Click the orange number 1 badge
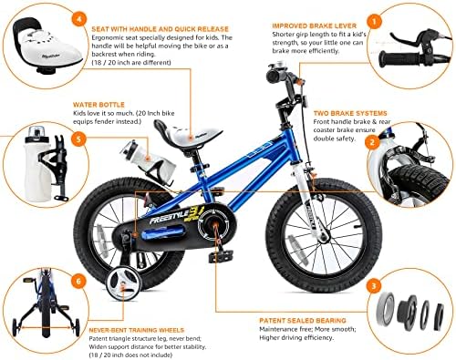[x=372, y=18]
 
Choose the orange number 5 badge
[x=79, y=140]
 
